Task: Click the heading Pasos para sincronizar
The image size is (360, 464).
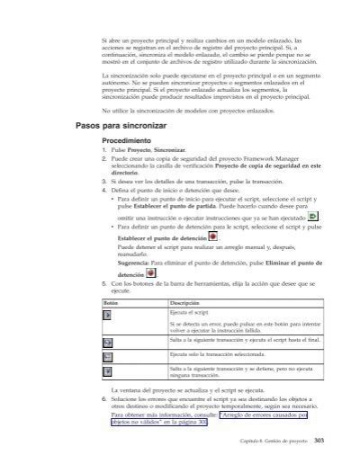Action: point(125,126)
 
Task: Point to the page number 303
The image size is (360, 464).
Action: point(306,451)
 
